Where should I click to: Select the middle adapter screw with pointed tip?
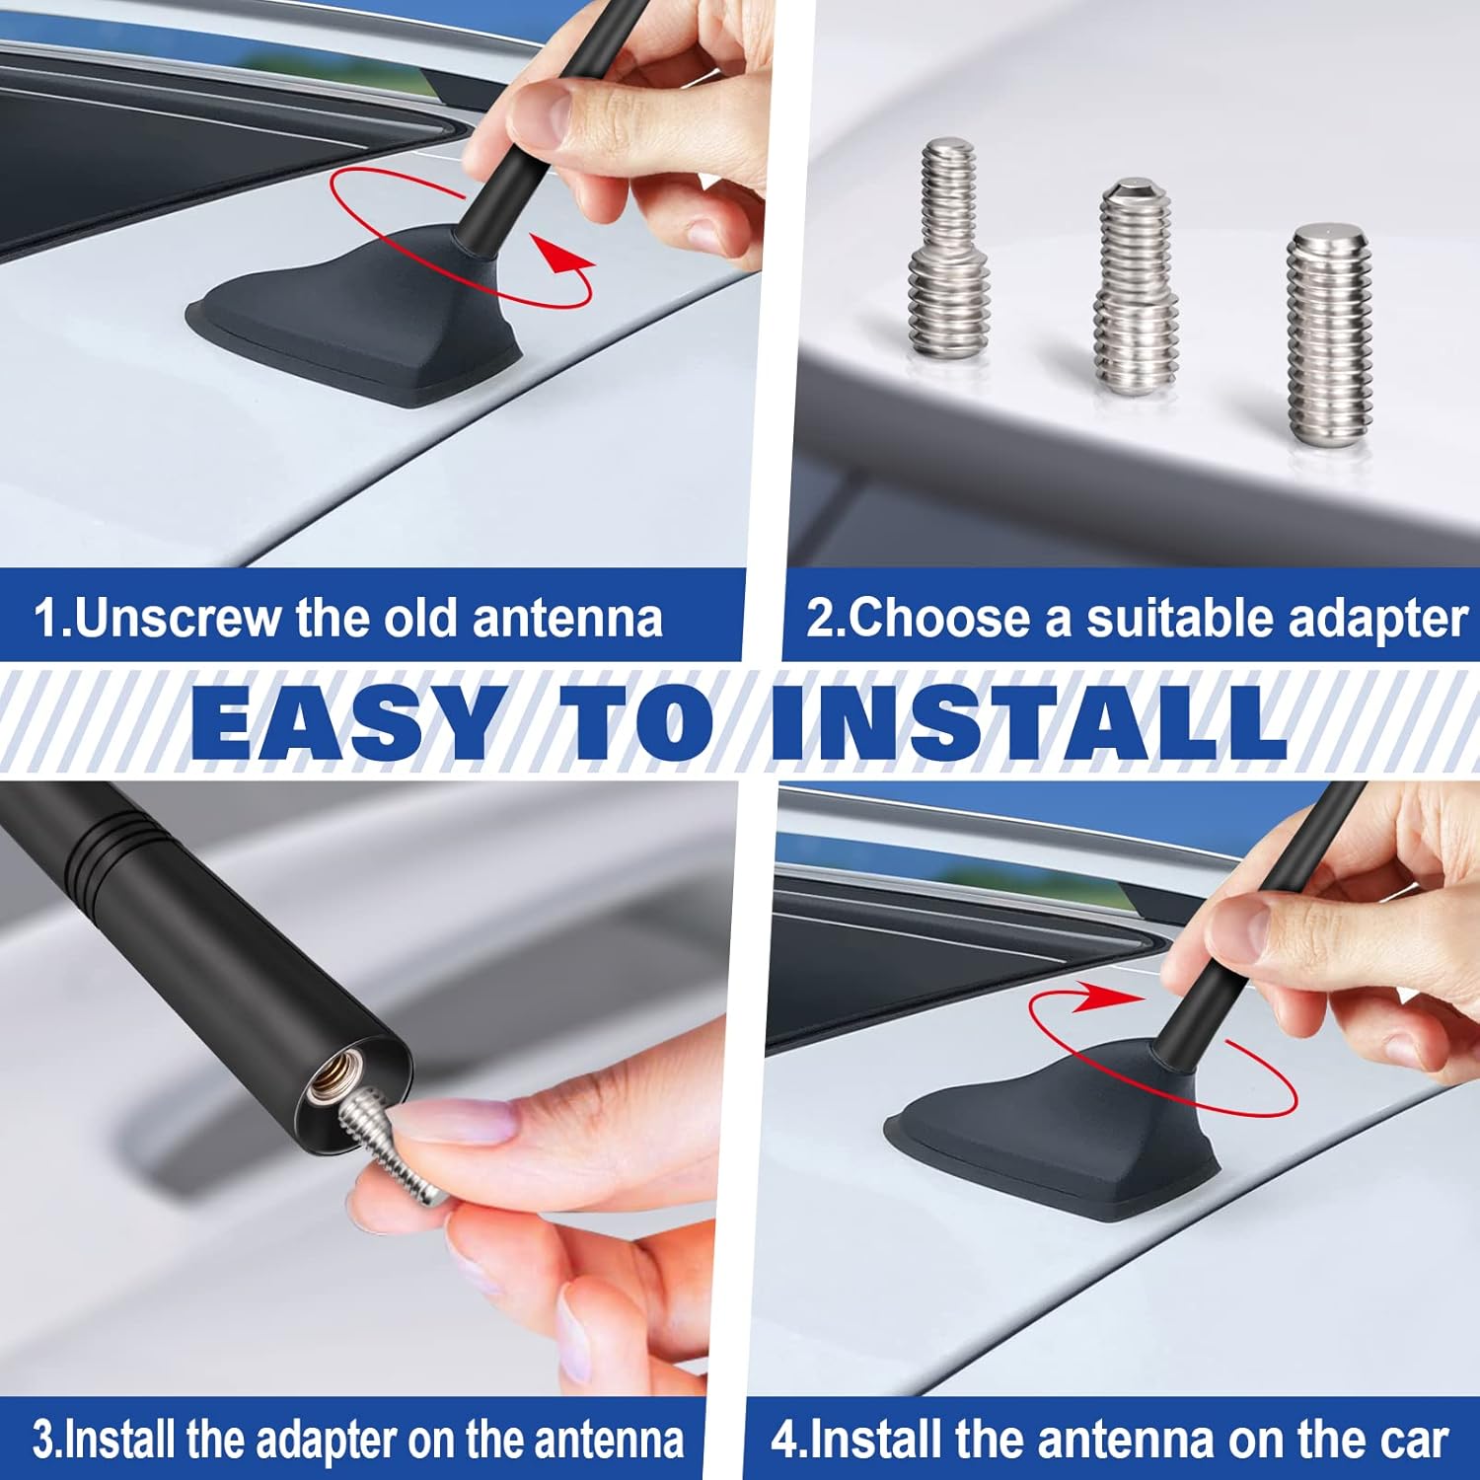point(1136,288)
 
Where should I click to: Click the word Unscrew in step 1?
point(177,619)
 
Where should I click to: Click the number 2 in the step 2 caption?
point(820,619)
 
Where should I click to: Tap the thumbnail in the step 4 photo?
point(1238,932)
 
